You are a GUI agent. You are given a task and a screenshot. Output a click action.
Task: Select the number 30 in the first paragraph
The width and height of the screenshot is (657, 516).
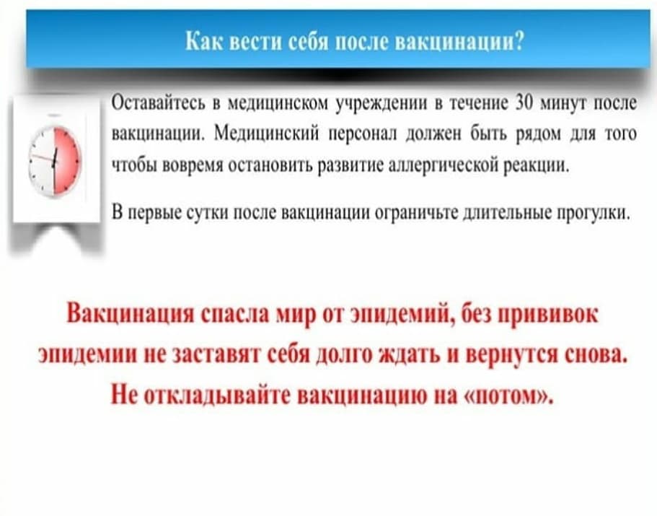click(524, 102)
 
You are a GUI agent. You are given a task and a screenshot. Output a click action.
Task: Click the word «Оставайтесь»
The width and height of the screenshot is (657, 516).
click(159, 103)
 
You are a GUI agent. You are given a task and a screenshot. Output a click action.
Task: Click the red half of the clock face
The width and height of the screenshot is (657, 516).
click(66, 161)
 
